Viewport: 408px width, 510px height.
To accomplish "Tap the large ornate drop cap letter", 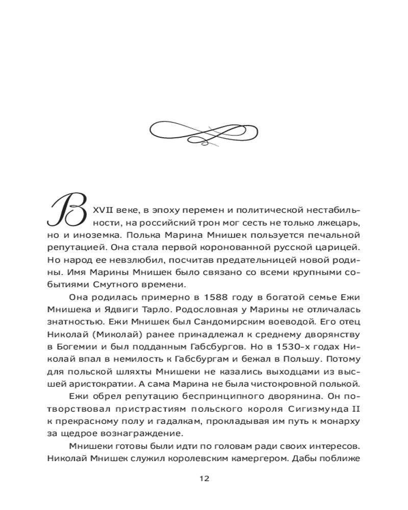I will pos(67,213).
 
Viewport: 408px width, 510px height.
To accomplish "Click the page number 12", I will pos(204,479).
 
